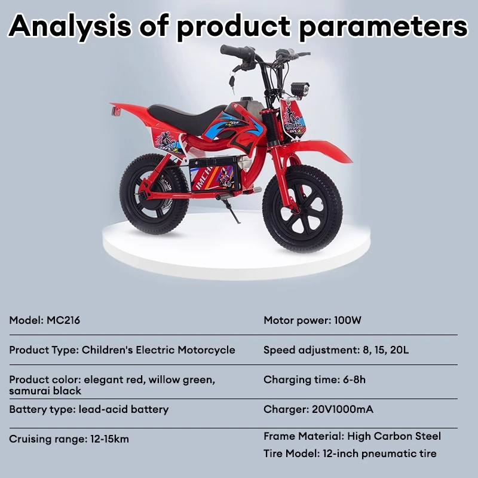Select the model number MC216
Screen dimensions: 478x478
(x=63, y=320)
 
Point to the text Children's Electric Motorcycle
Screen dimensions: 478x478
(x=158, y=350)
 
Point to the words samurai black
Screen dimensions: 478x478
(x=45, y=391)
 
